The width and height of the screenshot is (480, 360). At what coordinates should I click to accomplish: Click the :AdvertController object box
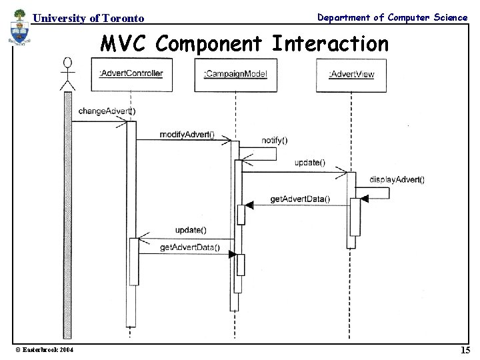(x=131, y=74)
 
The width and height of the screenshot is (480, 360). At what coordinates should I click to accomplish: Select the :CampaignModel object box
(x=235, y=74)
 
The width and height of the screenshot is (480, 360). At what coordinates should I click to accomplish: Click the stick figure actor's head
(x=67, y=64)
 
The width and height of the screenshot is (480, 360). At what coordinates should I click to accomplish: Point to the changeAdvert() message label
(x=107, y=111)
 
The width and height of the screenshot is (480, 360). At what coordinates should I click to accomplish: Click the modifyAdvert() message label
(x=187, y=134)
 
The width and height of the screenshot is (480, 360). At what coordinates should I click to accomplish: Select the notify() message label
(x=275, y=140)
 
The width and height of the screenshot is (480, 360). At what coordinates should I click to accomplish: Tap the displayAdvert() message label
(x=397, y=179)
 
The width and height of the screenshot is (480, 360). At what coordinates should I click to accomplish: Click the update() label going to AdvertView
(x=309, y=163)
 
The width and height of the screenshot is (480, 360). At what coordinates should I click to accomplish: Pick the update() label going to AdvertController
(x=191, y=230)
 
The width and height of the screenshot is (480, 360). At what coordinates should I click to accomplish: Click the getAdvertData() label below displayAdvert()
(x=299, y=199)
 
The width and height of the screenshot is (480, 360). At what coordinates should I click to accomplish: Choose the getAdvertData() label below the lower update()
(x=190, y=247)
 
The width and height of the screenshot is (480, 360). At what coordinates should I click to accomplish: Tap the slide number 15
(x=464, y=350)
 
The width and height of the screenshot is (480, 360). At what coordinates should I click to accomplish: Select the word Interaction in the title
(x=330, y=44)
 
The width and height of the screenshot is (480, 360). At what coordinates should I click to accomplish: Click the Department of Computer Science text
(x=392, y=17)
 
